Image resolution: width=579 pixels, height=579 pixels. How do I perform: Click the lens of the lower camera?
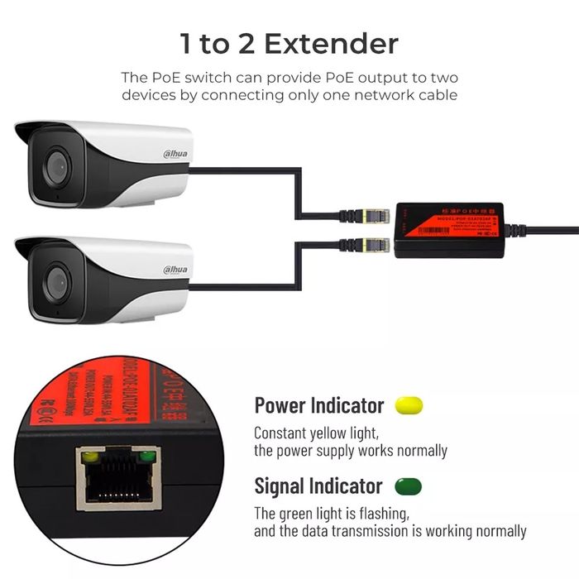(56, 281)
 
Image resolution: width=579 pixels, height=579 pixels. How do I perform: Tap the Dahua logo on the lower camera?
(174, 269)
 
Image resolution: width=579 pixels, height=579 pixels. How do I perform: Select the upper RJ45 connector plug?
(374, 217)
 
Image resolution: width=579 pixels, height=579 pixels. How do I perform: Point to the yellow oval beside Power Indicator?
(409, 405)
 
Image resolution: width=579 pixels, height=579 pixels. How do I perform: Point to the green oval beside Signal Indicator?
(408, 486)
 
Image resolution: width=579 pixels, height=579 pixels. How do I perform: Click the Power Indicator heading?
(318, 405)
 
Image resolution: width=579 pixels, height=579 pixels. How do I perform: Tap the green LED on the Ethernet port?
(147, 456)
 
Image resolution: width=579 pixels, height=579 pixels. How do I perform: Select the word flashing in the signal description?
(382, 513)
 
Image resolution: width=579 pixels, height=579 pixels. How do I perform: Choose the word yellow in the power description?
(328, 433)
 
